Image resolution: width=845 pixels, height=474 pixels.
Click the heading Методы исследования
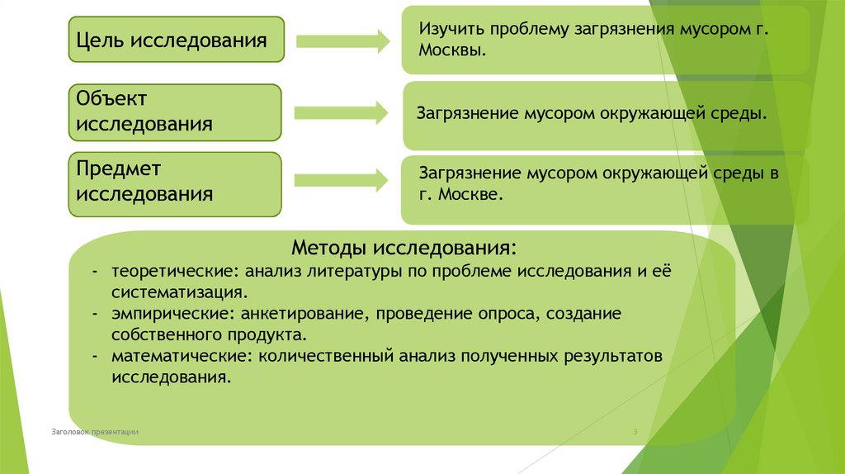coord(404,249)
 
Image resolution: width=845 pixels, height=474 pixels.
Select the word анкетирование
coord(300,315)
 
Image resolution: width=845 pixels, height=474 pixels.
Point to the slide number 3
coord(635,432)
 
